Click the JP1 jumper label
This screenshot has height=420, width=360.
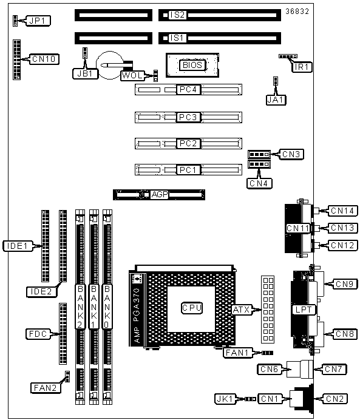[x=38, y=21]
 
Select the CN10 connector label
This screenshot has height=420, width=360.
[x=44, y=59]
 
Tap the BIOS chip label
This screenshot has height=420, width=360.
[x=192, y=65]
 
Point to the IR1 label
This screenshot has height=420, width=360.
[x=302, y=67]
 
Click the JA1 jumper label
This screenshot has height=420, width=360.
[x=276, y=100]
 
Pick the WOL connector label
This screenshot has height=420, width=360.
[x=132, y=76]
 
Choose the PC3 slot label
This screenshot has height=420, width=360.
[x=188, y=117]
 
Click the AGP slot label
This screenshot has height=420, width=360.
[x=160, y=194]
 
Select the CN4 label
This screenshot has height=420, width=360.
[x=259, y=183]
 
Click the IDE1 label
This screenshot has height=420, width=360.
[x=18, y=246]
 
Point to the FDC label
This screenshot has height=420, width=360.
[x=38, y=334]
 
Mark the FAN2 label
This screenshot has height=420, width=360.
[x=46, y=388]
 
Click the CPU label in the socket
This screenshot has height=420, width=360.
[x=192, y=308]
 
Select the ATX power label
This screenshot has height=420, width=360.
[x=242, y=310]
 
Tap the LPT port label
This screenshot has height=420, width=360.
[x=304, y=310]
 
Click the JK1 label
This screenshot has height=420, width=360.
[x=225, y=399]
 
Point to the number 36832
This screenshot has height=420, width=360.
[x=297, y=12]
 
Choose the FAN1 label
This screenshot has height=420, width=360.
[x=237, y=353]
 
